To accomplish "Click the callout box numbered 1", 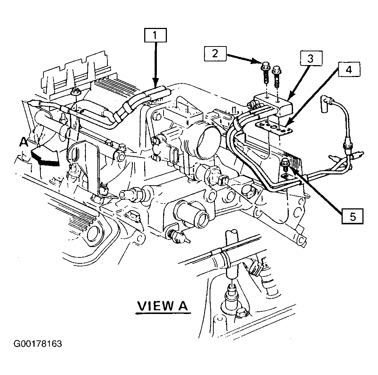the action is pos(155,35).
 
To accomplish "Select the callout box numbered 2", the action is pos(215,53).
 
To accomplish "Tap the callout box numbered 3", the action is pos(311,58).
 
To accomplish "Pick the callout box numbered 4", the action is pos(349,70).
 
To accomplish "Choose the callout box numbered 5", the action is pos(352,217).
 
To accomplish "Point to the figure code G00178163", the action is pos(38,344).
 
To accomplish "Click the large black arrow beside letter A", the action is pos(45,156).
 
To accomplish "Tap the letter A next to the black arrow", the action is pos(24,142).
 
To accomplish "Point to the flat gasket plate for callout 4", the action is pos(274,127).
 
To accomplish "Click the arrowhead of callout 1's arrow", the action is pos(155,83).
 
